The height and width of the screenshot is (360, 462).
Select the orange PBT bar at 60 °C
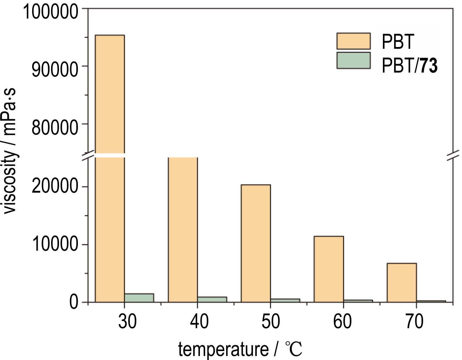click(x=328, y=269)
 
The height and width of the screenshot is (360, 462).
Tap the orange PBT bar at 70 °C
click(x=401, y=282)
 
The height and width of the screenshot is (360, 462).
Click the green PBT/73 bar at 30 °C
click(x=139, y=298)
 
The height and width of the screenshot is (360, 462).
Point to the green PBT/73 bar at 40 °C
click(x=212, y=299)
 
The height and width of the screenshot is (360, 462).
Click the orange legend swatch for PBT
click(x=353, y=41)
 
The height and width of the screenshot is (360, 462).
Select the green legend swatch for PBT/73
click(x=353, y=61)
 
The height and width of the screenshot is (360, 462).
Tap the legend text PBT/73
click(x=409, y=65)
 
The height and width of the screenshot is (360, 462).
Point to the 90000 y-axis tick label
click(x=54, y=70)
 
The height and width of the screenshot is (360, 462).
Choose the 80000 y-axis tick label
click(x=54, y=127)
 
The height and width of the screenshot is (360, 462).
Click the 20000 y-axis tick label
click(x=54, y=186)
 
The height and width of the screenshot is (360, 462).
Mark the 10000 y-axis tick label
click(x=54, y=244)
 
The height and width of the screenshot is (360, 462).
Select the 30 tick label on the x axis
click(x=127, y=321)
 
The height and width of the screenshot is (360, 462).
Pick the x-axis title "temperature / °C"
click(x=240, y=350)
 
